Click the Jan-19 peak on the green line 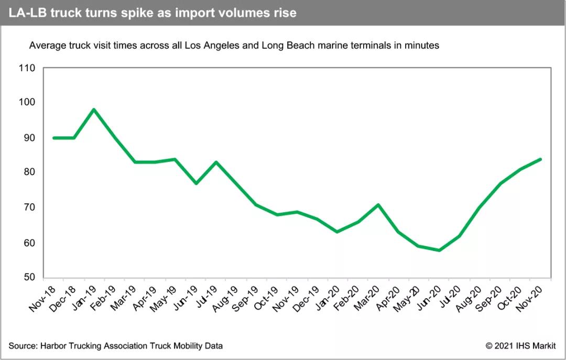(93, 110)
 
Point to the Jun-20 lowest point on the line (439, 250)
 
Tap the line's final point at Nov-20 (540, 159)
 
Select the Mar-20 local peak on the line (377, 204)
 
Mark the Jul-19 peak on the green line (216, 162)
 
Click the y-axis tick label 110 (26, 68)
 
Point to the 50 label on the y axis (28, 278)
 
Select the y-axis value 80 (28, 172)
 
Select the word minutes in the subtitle (423, 46)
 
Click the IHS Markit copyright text (520, 345)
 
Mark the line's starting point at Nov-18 (53, 138)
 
